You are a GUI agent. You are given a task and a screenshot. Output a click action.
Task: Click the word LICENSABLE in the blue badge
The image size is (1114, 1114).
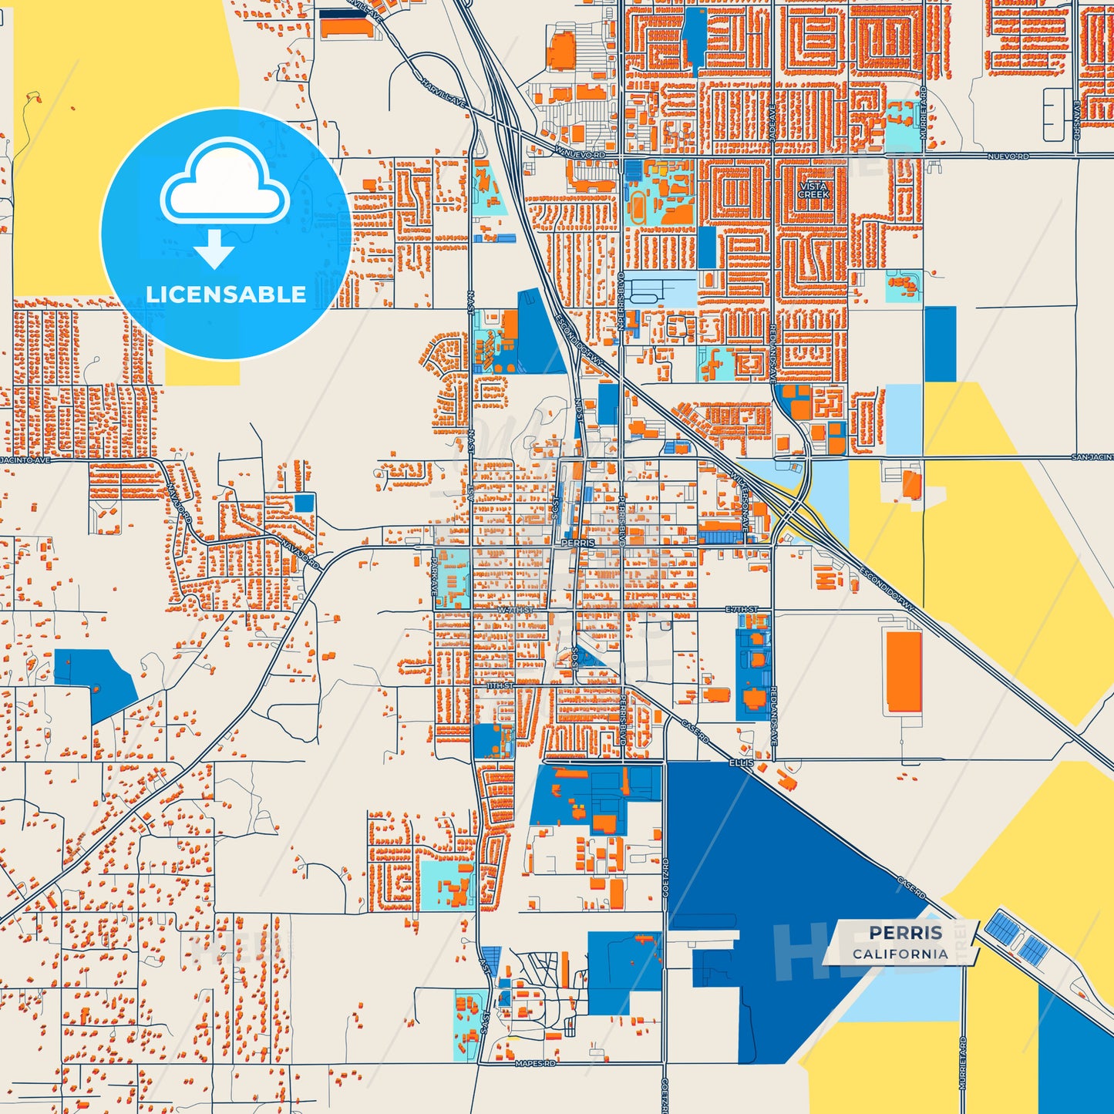click(226, 294)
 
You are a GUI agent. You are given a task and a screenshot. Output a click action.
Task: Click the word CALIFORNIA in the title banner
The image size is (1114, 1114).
click(900, 954)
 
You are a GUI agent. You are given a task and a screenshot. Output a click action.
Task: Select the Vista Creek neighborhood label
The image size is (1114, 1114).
click(813, 190)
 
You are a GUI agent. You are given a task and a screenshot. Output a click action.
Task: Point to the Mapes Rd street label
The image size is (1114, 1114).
click(535, 1064)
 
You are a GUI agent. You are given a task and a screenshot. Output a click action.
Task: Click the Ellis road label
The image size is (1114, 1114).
click(741, 762)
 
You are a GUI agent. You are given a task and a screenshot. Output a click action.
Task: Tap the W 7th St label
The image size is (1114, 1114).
click(515, 610)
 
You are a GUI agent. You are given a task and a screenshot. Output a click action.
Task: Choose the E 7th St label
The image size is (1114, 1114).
click(742, 610)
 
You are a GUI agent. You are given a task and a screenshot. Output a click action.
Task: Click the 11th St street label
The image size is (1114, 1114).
click(500, 685)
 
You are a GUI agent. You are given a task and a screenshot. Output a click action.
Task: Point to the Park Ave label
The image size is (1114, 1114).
click(435, 575)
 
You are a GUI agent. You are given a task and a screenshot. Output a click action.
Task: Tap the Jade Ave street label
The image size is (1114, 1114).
click(772, 123)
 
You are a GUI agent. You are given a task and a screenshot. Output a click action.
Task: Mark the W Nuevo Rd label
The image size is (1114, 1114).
click(579, 154)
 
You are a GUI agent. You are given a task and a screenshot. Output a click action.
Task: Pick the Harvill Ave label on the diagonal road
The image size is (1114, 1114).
click(444, 91)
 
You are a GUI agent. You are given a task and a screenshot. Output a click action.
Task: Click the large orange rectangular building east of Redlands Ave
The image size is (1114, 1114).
click(903, 671)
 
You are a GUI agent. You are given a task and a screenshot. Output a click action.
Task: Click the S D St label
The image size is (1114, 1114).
click(575, 656)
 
